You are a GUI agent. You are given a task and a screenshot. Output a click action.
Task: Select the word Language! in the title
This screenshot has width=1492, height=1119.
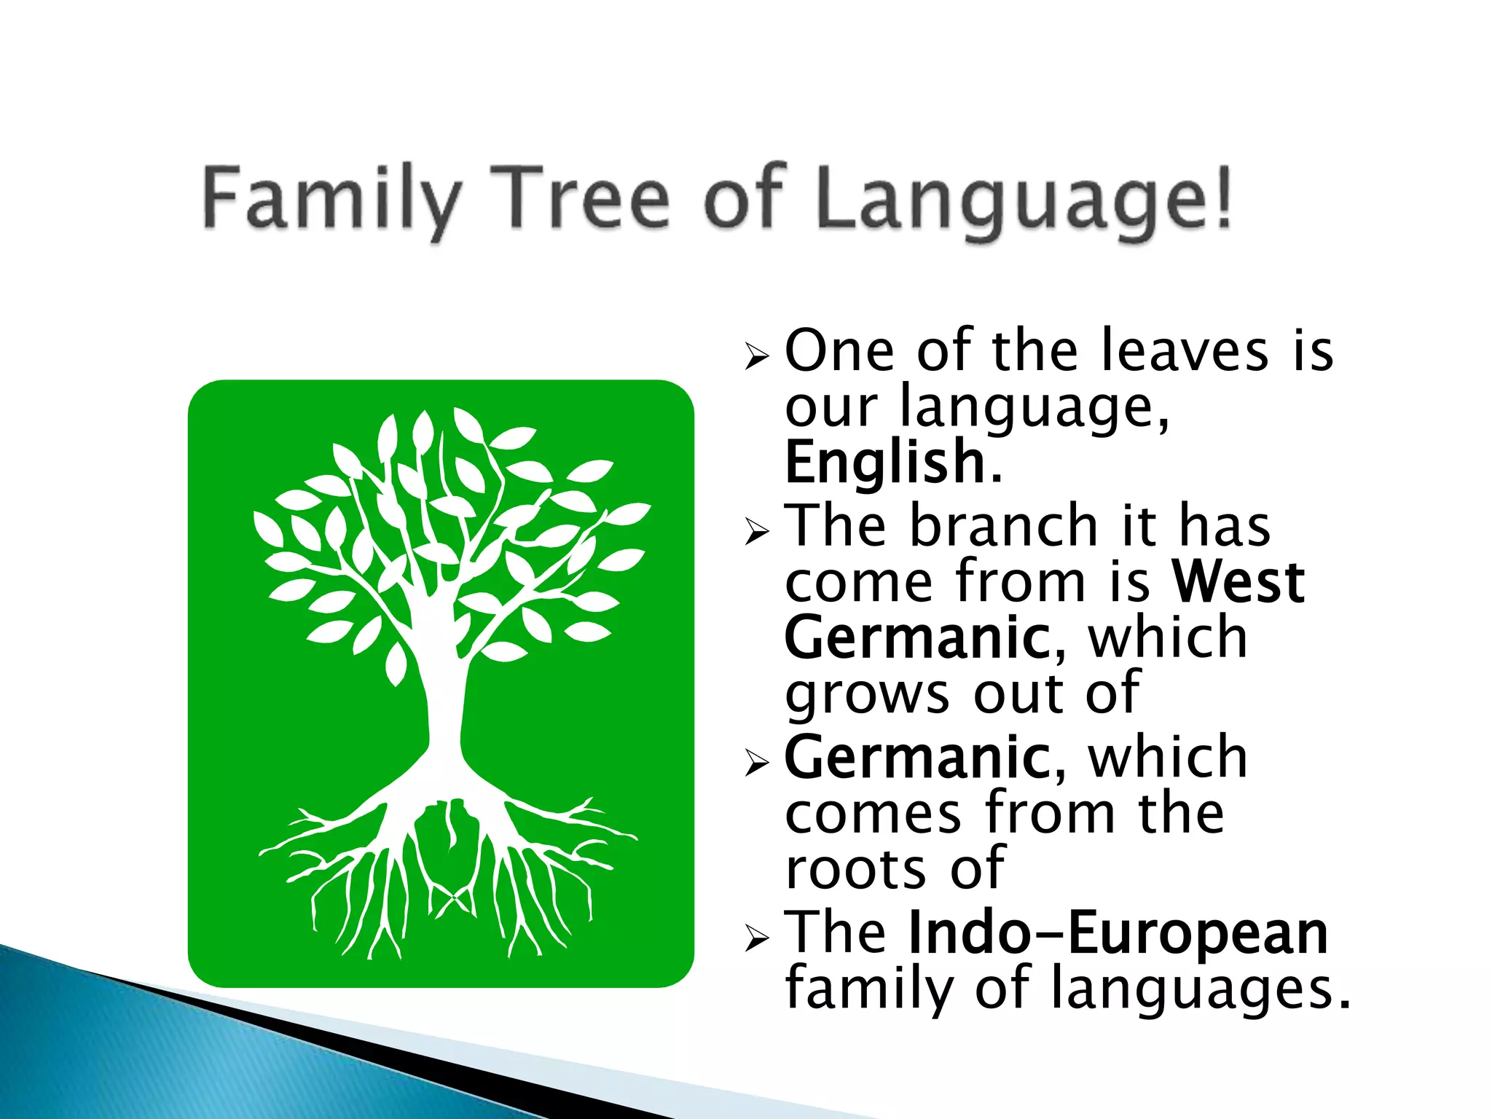click(x=1024, y=198)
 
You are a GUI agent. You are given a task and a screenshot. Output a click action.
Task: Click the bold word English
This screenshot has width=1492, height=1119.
click(x=885, y=462)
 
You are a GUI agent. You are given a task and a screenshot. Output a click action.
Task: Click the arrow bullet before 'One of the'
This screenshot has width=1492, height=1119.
click(x=757, y=357)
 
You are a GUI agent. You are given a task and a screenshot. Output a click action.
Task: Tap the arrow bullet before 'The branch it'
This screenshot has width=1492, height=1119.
click(x=757, y=533)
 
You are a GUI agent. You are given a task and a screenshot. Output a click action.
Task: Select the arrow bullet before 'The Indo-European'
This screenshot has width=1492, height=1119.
click(x=757, y=939)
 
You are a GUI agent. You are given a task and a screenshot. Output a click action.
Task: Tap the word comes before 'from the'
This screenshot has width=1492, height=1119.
click(x=873, y=814)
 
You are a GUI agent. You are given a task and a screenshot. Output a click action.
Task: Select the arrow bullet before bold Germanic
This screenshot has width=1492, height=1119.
click(x=757, y=764)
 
